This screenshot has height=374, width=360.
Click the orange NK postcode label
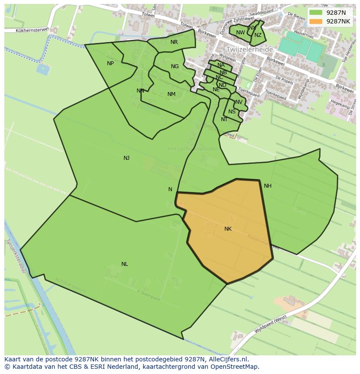tap(228, 229)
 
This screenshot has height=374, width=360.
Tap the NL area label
tap(125, 264)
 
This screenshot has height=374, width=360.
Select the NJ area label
tap(127, 158)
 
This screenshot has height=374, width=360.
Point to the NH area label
tap(267, 186)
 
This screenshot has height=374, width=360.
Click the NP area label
tap(110, 63)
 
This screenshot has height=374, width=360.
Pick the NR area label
tap(174, 42)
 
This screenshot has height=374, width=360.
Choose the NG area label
tap(175, 66)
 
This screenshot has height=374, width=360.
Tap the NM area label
tap(171, 94)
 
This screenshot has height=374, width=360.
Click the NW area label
tap(240, 33)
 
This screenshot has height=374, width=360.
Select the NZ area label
tap(258, 36)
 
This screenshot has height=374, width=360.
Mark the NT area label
tap(224, 119)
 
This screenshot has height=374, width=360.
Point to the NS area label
tap(232, 112)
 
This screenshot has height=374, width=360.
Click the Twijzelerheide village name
tap(249, 50)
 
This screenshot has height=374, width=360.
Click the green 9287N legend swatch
tap(316, 13)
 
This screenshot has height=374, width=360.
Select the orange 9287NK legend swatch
tap(316, 21)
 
